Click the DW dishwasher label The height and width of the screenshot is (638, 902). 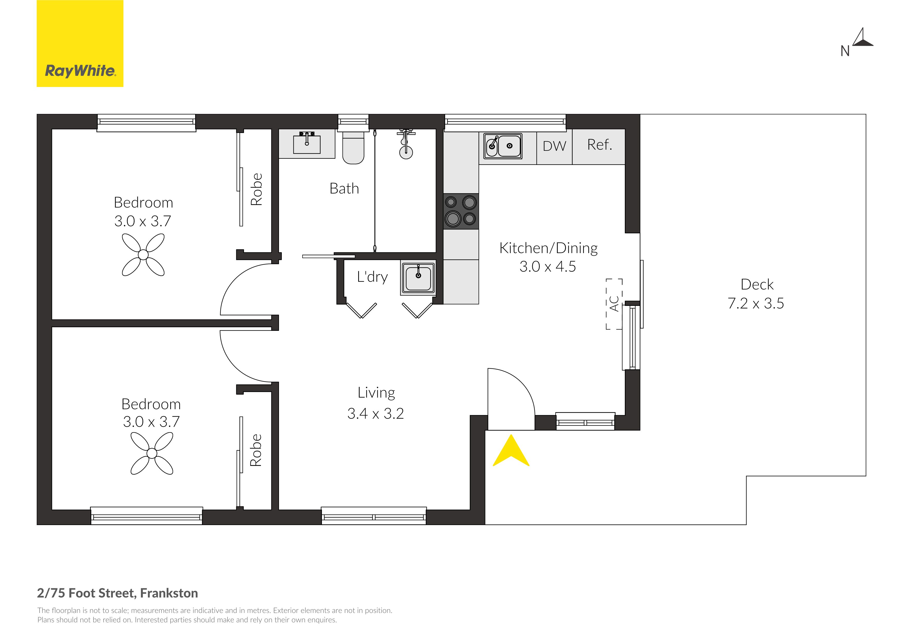(x=554, y=146)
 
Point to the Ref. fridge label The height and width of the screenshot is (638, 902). (x=600, y=145)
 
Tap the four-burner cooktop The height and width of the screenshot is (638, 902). (x=461, y=211)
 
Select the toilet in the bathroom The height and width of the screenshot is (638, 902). (x=353, y=147)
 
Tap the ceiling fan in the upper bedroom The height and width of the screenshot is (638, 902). (x=143, y=255)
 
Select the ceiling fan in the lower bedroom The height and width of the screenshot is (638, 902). (x=152, y=453)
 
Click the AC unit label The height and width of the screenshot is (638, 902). (x=614, y=304)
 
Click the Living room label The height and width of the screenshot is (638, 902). (x=376, y=393)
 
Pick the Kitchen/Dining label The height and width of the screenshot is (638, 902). (x=548, y=248)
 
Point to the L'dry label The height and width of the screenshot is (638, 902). (x=372, y=277)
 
